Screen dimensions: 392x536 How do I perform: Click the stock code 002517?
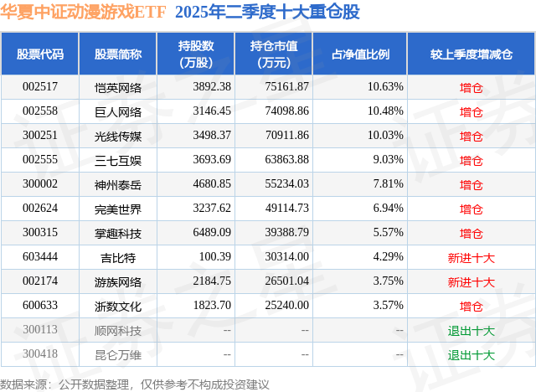point(40,86)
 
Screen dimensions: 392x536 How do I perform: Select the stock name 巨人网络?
point(118,111)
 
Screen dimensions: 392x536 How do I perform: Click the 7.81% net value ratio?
point(387,183)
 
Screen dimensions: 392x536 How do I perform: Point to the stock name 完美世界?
point(118,209)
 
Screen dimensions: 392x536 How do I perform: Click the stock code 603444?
point(40,257)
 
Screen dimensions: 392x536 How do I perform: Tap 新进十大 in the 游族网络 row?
point(472,281)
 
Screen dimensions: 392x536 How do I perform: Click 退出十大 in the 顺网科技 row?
point(472,330)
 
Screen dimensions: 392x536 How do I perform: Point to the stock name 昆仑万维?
point(118,354)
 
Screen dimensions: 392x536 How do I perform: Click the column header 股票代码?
point(40,54)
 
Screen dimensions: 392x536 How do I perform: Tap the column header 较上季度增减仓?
point(472,54)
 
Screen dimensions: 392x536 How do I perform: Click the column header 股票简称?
point(118,54)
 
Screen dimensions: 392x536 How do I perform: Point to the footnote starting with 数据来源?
point(135,384)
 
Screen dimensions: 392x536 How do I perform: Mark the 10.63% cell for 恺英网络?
point(387,86)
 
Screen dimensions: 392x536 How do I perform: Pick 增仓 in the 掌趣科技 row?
point(472,233)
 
